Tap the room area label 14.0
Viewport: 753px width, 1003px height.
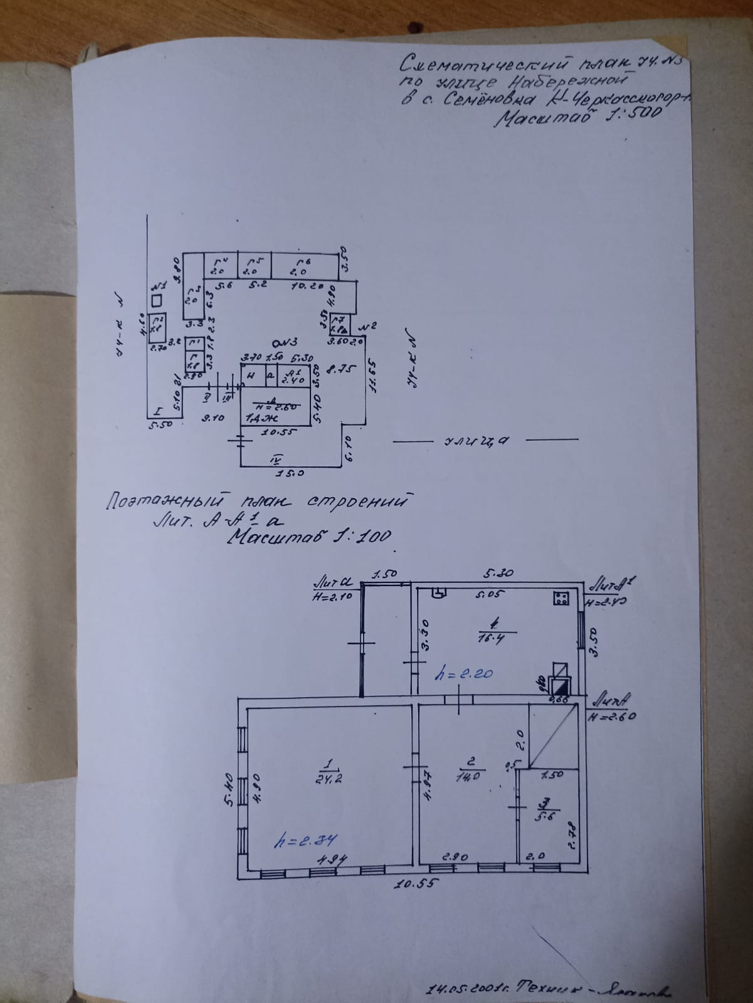[x=471, y=775]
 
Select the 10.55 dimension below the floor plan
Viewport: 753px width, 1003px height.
[x=414, y=886]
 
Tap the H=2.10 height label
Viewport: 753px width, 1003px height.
[x=331, y=597]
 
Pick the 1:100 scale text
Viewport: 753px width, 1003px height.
[x=364, y=537]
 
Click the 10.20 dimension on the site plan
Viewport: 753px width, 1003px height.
[x=307, y=286]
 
